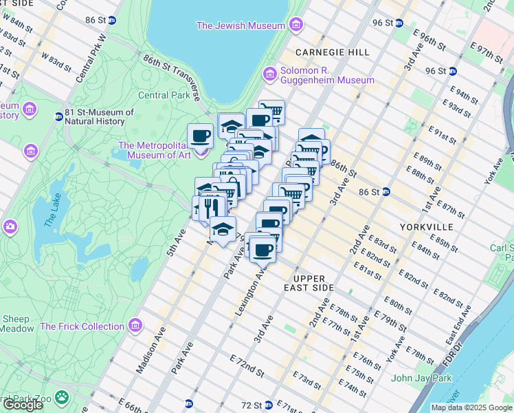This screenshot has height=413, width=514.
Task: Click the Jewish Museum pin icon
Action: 296,26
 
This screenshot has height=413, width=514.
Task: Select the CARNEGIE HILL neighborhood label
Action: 333,52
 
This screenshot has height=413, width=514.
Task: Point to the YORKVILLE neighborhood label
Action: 426,226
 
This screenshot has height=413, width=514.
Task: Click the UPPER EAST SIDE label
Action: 309,283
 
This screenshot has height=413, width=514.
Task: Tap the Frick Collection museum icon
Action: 136,325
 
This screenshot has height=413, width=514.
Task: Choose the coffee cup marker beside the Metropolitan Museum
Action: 200,136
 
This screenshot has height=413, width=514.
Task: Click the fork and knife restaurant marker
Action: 211,206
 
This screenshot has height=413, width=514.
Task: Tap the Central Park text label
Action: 164,95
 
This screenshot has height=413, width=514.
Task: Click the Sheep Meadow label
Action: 16,324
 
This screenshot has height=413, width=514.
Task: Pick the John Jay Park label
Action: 421,378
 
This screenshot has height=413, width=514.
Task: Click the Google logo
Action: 23,405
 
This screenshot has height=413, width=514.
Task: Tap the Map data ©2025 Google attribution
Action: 471,407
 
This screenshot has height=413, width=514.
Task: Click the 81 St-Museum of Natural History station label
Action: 98,117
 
